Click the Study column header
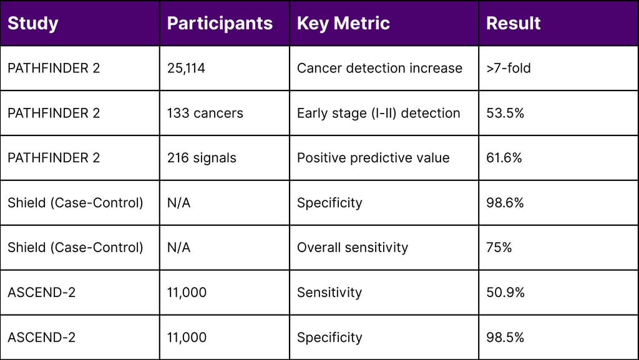(33, 24)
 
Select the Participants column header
(220, 24)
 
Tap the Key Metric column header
(343, 24)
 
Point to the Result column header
(513, 24)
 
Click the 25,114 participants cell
(186, 68)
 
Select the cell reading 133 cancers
(205, 113)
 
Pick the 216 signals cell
(202, 158)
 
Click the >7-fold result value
(508, 68)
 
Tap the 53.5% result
(504, 113)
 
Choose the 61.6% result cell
(504, 158)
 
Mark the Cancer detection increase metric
(379, 68)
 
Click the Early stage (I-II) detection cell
(378, 113)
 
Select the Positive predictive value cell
(373, 158)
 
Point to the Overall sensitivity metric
(352, 248)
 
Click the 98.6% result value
(505, 203)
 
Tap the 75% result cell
(499, 248)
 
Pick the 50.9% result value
(505, 293)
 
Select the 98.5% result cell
(505, 338)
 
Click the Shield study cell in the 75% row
(75, 248)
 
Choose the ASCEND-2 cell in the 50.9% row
(41, 293)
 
